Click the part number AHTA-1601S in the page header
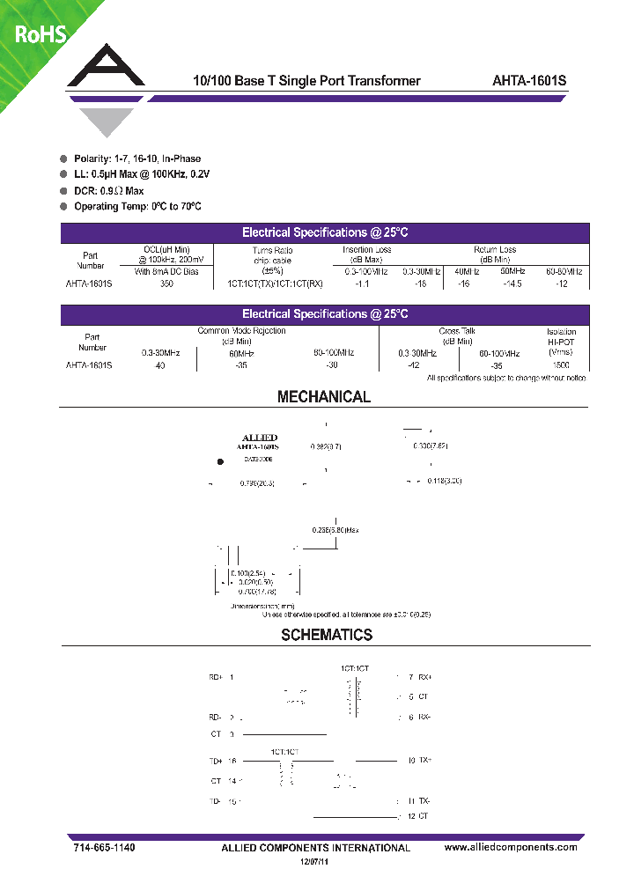coord(529,81)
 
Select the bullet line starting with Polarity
coord(136,158)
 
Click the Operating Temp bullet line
coord(137,206)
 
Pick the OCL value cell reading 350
coord(166,284)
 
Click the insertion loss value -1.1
coord(361,284)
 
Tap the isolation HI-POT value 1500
coord(561,364)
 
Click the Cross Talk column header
coord(456,332)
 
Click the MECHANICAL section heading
coord(324,397)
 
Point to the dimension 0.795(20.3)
coord(257,483)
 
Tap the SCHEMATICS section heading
coord(327,635)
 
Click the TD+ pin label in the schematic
coord(216,760)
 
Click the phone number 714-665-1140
coord(104,847)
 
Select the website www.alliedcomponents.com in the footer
coord(511,847)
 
